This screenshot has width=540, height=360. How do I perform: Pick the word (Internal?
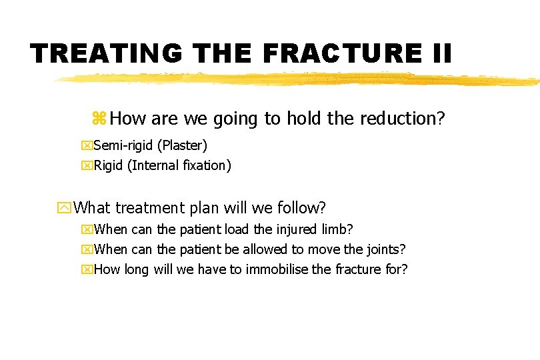153,165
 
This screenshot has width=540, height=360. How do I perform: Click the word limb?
337,229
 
